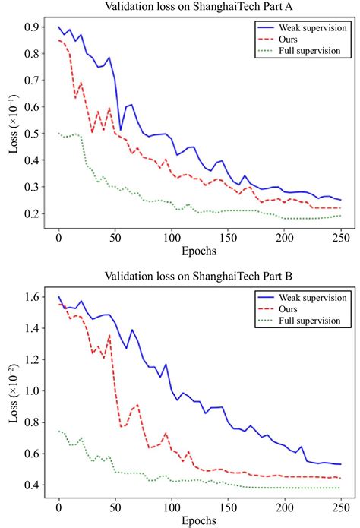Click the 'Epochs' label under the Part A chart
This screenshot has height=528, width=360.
click(x=200, y=248)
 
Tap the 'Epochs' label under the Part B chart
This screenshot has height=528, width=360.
click(x=200, y=519)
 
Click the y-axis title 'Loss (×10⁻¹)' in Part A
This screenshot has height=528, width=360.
click(x=13, y=122)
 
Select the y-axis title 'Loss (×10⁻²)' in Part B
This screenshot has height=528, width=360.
click(x=13, y=391)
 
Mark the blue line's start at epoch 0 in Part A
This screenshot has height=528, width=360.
click(x=58, y=27)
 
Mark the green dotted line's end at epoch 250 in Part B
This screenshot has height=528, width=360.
click(x=341, y=488)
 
